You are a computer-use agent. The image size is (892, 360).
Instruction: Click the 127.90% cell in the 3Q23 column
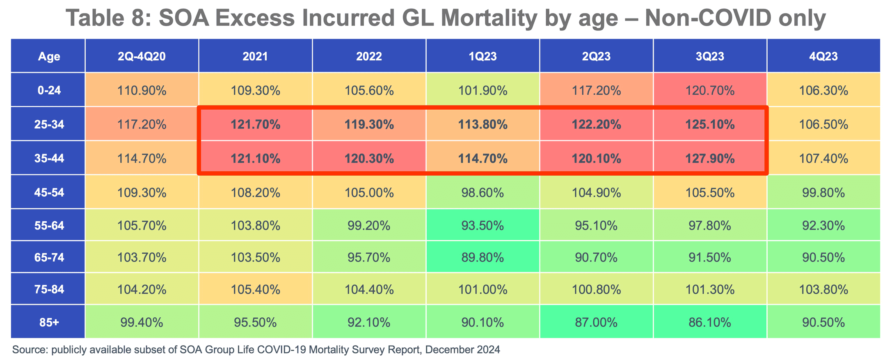tap(710, 158)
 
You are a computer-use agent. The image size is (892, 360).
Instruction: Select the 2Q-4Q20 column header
tap(142, 56)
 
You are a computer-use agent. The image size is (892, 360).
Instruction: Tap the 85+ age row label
tap(49, 322)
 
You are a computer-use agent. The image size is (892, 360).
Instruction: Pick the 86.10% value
tap(710, 322)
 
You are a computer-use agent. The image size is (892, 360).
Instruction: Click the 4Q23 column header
tap(823, 56)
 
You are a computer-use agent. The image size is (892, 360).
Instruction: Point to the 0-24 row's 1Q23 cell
tap(483, 90)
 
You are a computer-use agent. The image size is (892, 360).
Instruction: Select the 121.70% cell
tap(255, 124)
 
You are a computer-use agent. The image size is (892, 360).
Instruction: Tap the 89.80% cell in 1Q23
tap(483, 257)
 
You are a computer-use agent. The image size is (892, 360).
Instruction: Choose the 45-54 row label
tap(49, 193)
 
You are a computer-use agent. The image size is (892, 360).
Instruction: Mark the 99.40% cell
tap(142, 322)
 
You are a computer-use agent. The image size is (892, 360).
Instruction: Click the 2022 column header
tap(369, 56)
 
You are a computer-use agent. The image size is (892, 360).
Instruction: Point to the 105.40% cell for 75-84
tap(255, 289)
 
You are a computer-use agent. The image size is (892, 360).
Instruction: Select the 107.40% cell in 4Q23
tap(823, 158)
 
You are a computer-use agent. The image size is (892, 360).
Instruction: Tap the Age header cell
tap(49, 56)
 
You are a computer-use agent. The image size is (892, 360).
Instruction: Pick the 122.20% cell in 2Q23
tap(596, 124)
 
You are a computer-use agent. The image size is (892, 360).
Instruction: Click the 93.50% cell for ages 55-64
tap(483, 225)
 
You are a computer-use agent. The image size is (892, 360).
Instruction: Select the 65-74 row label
tap(49, 257)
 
